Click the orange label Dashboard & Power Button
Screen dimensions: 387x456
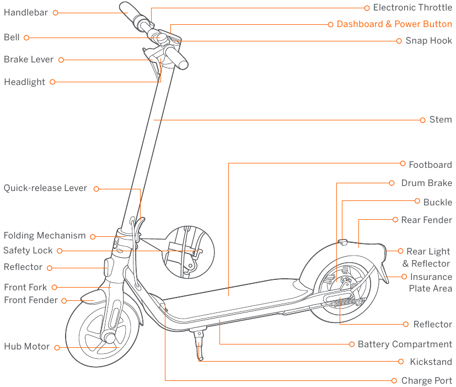[394, 24]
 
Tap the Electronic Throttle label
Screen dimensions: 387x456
[412, 7]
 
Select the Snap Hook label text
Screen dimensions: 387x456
[428, 41]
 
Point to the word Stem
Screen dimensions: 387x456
[441, 120]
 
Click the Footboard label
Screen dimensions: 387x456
[430, 165]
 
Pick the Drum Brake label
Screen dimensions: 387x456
[426, 183]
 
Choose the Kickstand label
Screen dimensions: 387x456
[431, 362]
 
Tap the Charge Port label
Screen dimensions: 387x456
[426, 381]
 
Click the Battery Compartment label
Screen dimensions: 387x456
[405, 344]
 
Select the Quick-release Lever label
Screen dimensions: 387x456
[45, 188]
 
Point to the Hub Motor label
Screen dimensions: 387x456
[26, 347]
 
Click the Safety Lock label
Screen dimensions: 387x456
[28, 251]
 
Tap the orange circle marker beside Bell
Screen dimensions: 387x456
[26, 38]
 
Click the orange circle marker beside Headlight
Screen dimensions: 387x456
[52, 82]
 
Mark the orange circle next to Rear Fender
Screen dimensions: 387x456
[395, 220]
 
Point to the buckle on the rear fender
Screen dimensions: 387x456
[342, 241]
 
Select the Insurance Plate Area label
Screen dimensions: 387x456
[430, 283]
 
